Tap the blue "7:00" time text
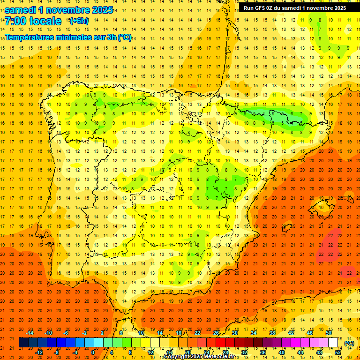click(x=15, y=21)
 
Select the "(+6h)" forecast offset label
click(x=78, y=21)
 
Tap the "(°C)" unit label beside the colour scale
click(x=349, y=343)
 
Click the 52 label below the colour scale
click(x=338, y=352)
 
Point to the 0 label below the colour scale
click(x=93, y=352)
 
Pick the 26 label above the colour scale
click(x=216, y=333)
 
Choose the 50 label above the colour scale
click(x=329, y=333)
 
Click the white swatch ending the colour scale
click(x=333, y=343)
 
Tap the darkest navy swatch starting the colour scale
click(x=23, y=343)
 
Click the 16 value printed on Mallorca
click(x=321, y=207)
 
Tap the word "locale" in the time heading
click(x=45, y=21)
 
